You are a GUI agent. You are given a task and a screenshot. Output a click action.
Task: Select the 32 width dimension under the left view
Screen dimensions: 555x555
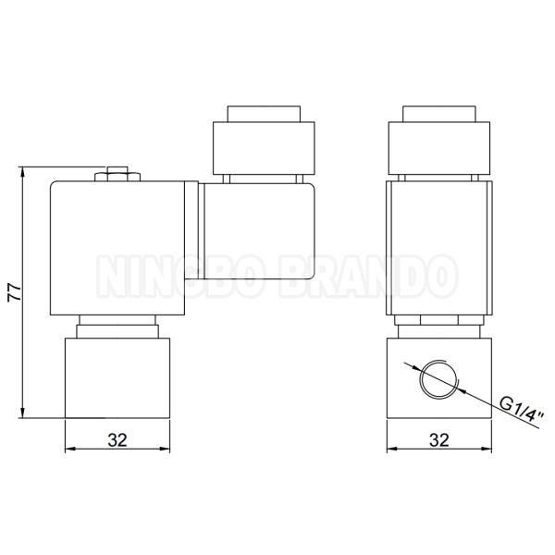[117, 440]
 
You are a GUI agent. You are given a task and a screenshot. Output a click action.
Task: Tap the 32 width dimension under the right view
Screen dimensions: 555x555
[438, 440]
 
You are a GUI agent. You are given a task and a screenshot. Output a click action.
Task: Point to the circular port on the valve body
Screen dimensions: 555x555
[437, 378]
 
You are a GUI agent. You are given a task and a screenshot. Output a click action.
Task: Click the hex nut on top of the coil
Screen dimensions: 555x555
[117, 173]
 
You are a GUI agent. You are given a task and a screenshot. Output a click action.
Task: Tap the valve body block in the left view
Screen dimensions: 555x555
[117, 378]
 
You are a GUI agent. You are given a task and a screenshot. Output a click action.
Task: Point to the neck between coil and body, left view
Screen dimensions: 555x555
[117, 325]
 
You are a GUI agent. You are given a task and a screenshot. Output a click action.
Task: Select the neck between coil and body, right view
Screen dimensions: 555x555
[438, 325]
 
